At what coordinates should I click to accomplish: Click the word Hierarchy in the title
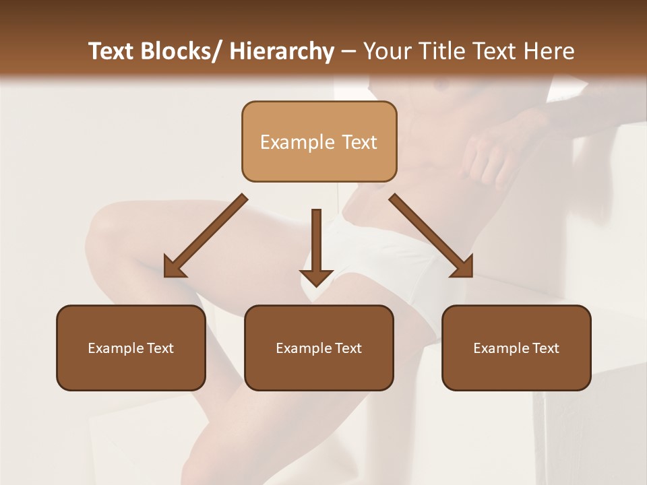(x=282, y=51)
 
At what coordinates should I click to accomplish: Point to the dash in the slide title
(x=348, y=52)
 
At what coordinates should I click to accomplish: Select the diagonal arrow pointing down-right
(x=431, y=236)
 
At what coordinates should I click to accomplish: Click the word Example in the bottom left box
(x=115, y=348)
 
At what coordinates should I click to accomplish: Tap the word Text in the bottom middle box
(x=348, y=348)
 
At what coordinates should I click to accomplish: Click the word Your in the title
(x=386, y=51)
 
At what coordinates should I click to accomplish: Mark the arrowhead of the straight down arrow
(x=316, y=277)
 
